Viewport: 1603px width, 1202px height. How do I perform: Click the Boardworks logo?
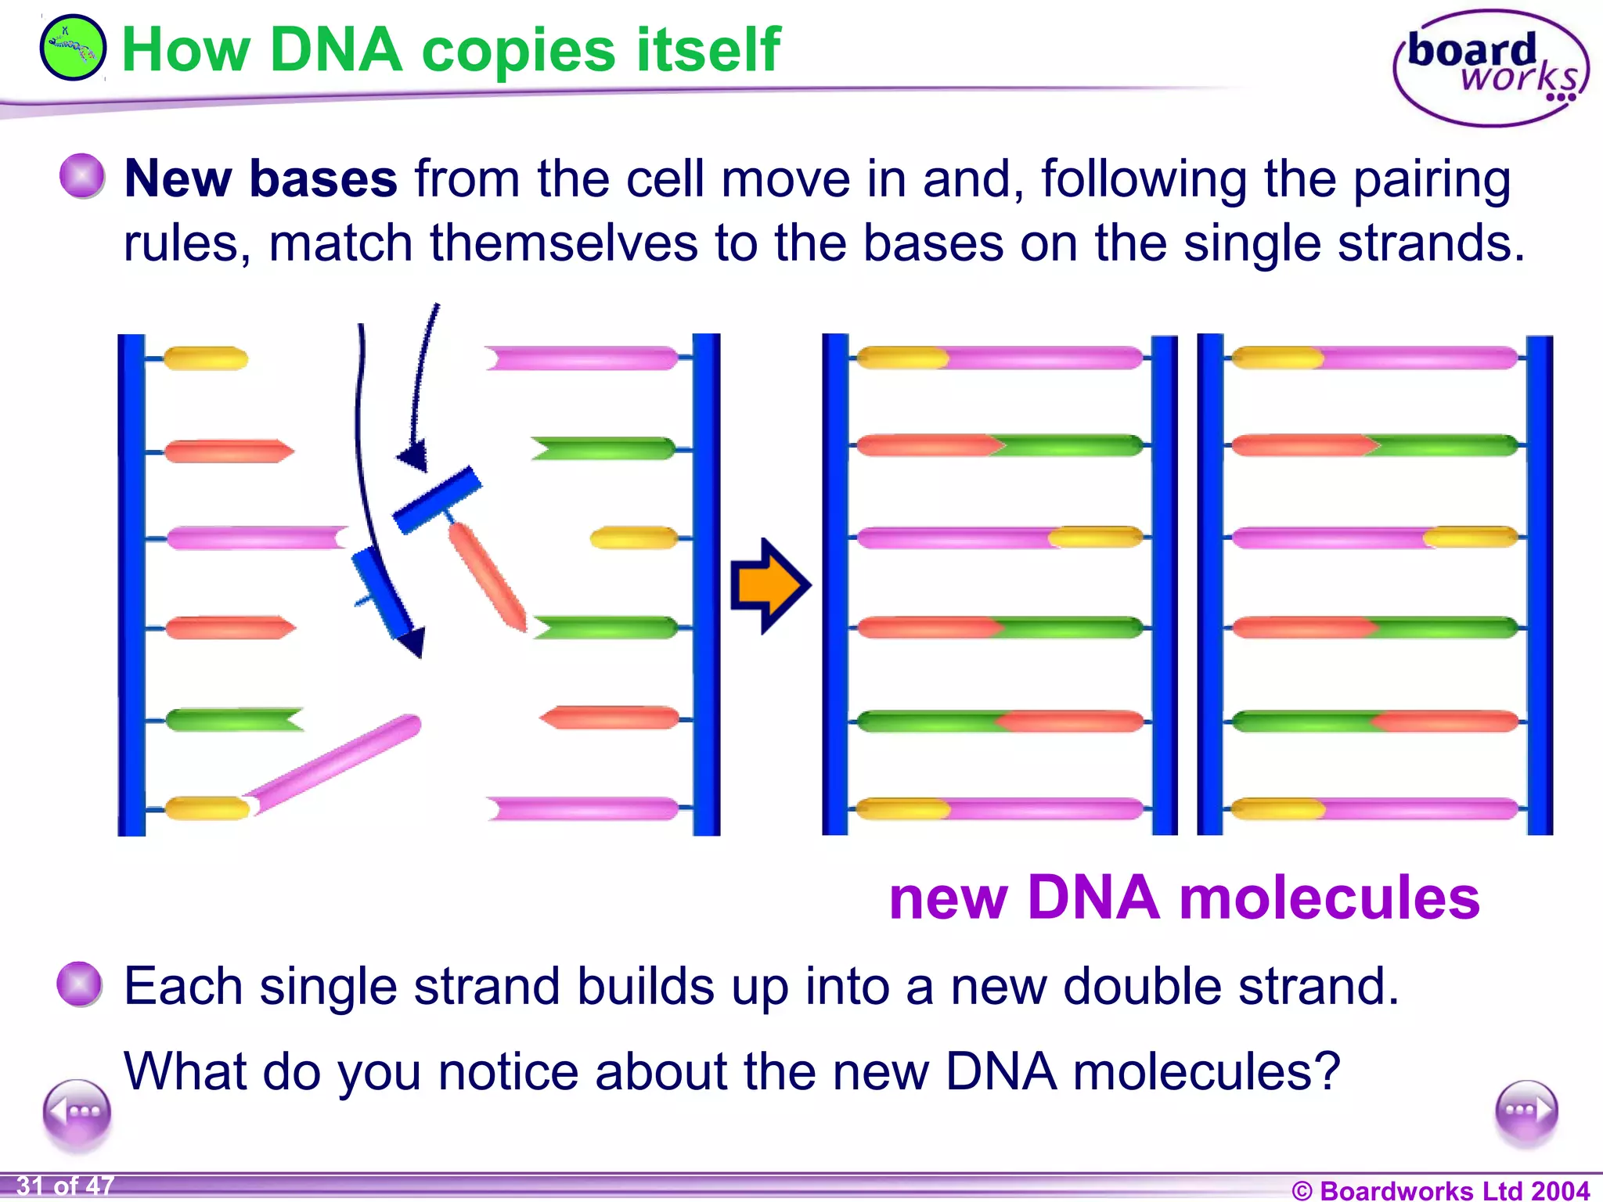(x=1490, y=69)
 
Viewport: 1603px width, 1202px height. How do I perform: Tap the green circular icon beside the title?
(x=73, y=48)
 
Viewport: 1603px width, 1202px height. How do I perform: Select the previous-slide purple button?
(x=77, y=1111)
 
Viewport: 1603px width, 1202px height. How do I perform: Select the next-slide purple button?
(x=1526, y=1111)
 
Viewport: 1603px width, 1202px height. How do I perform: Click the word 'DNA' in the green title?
(x=336, y=50)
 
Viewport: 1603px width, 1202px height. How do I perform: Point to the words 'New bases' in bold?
(x=261, y=178)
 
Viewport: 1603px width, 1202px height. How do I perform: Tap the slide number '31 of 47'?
(x=66, y=1186)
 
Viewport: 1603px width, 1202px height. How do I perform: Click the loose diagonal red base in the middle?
(x=488, y=576)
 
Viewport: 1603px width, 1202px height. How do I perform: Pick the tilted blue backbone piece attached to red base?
(x=437, y=499)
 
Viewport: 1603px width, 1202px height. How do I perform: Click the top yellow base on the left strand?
(x=205, y=358)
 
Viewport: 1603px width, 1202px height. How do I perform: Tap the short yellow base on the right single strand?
(x=634, y=538)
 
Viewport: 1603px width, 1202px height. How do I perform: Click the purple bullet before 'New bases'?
(x=82, y=175)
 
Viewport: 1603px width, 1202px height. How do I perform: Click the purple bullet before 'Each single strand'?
(x=80, y=983)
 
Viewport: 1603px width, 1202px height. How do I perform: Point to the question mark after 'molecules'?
(x=1327, y=1071)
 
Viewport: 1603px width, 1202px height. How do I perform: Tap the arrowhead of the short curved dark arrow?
(x=414, y=455)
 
